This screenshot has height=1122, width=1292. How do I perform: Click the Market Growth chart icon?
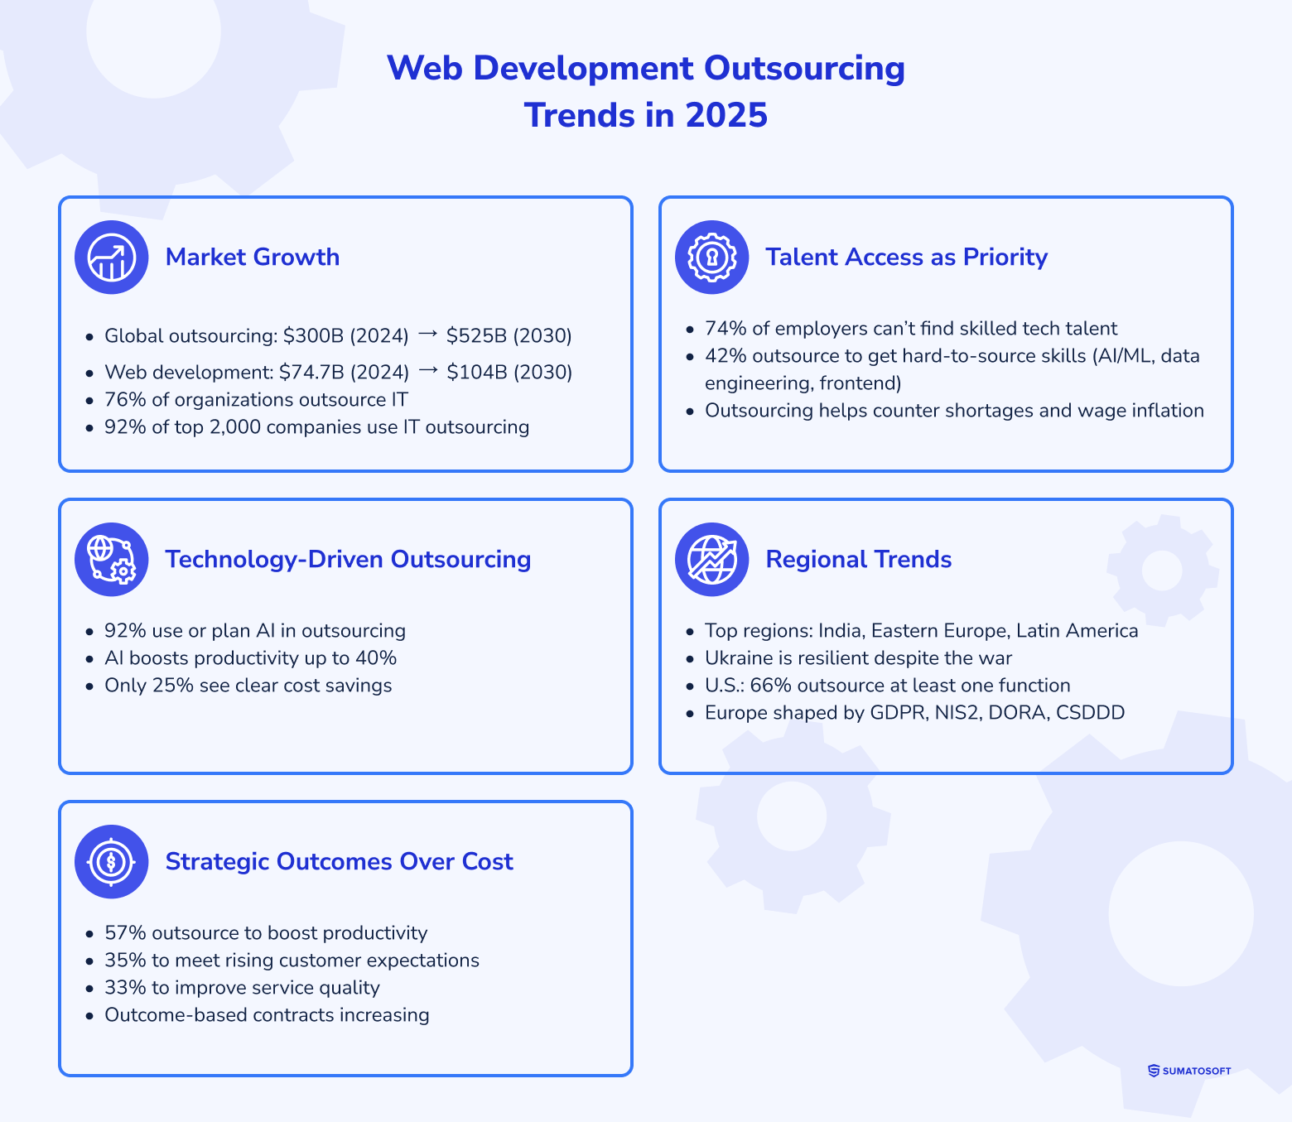[112, 258]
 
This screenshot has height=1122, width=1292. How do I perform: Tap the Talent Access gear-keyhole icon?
[711, 258]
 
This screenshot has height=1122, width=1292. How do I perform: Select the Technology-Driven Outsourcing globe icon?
[112, 560]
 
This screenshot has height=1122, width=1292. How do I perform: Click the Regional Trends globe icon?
[711, 560]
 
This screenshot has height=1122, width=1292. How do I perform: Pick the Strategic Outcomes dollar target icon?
[112, 862]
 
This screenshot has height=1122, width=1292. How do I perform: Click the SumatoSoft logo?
[1189, 1071]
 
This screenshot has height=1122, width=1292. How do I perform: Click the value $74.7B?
[311, 373]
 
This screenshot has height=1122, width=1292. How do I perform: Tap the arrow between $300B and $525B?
[427, 335]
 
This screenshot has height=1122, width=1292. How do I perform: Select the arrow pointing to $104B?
[427, 371]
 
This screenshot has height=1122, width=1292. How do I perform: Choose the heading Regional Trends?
[858, 560]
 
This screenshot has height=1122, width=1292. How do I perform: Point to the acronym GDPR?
[899, 713]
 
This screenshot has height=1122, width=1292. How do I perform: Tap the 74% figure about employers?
[726, 329]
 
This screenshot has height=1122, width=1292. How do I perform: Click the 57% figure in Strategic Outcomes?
[125, 933]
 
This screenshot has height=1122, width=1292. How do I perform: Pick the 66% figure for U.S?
[770, 686]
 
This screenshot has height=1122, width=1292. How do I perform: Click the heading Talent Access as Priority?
[906, 258]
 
